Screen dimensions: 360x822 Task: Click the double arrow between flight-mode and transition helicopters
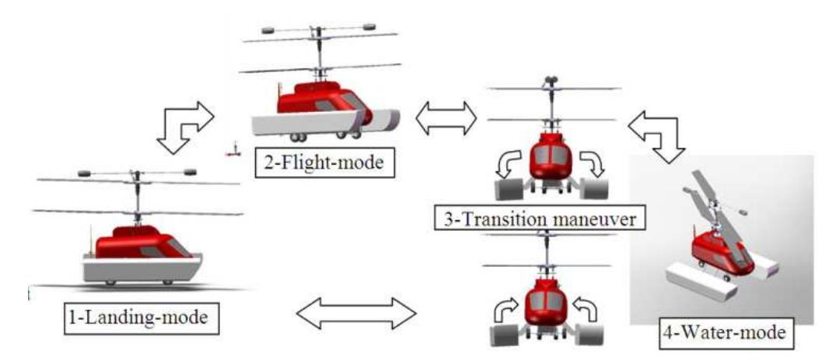446,119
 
